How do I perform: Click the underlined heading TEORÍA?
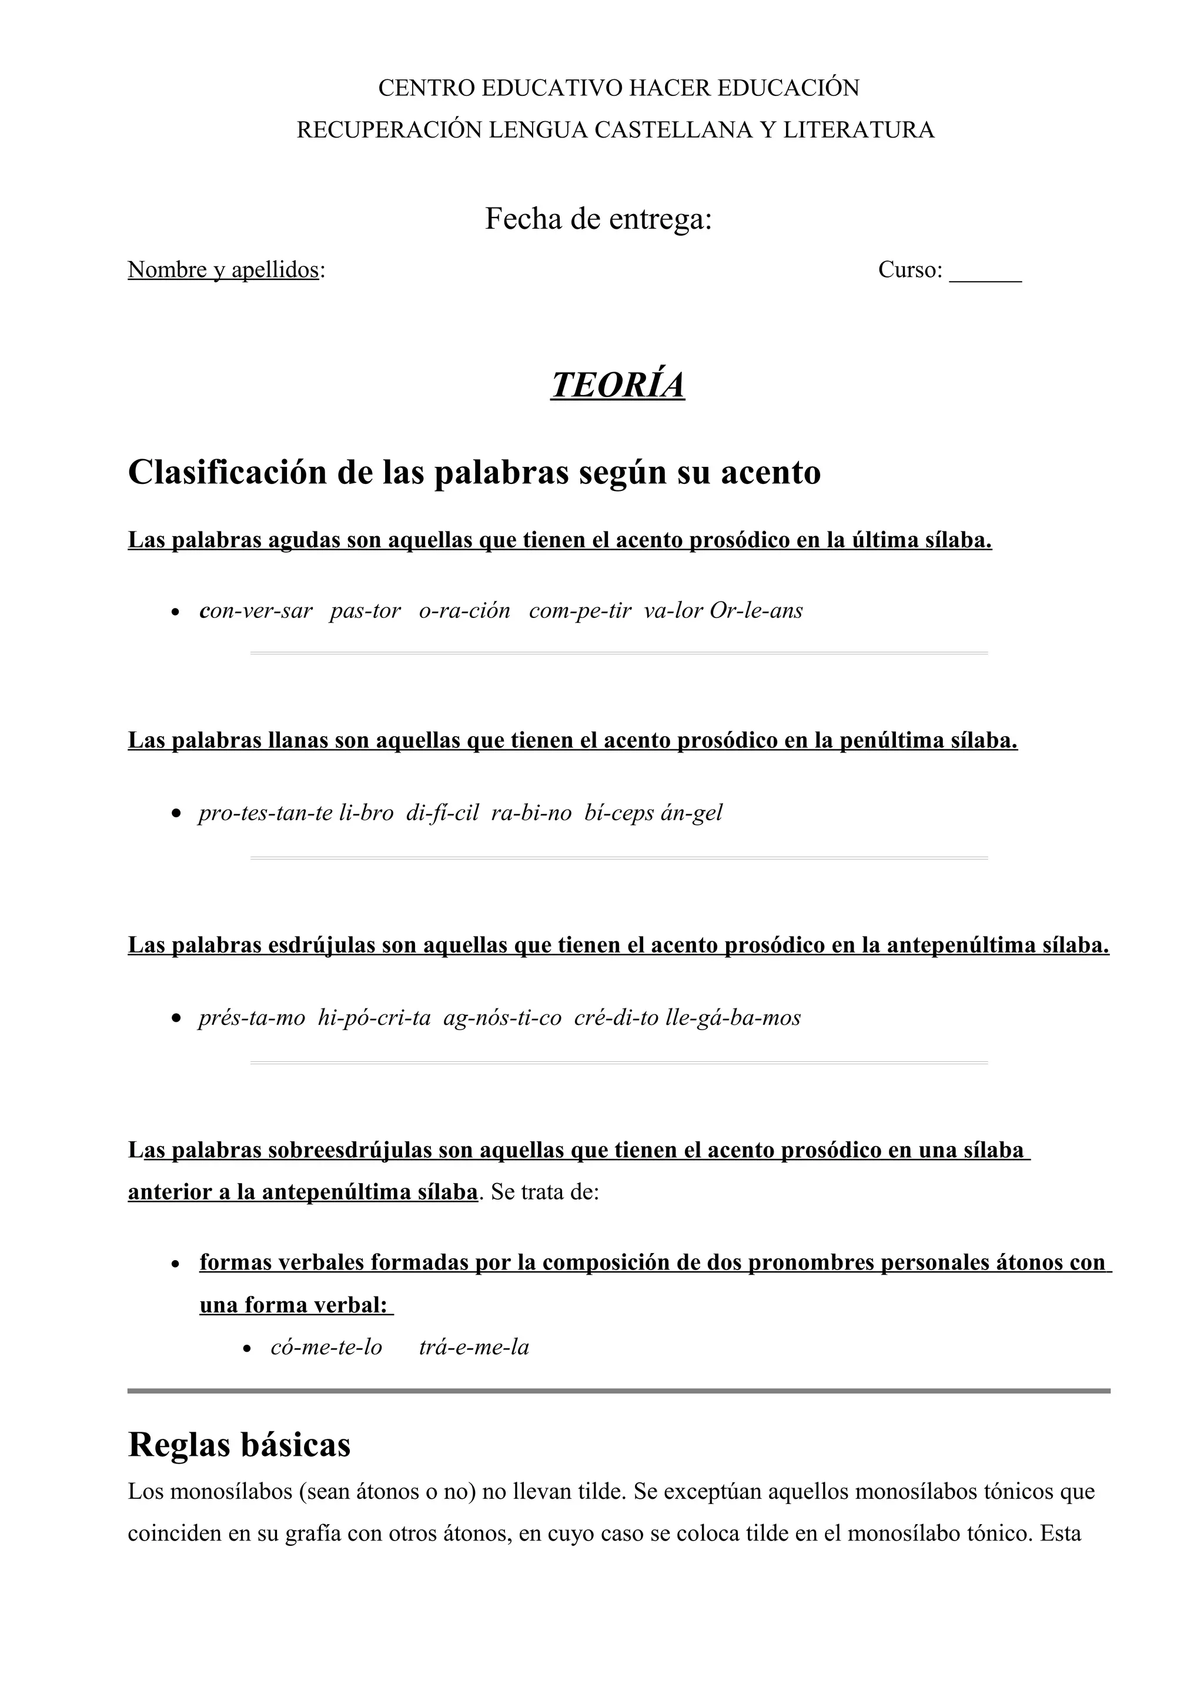pyautogui.click(x=617, y=385)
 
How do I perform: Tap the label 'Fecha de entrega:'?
pyautogui.click(x=598, y=219)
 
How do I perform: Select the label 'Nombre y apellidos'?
pyautogui.click(x=223, y=269)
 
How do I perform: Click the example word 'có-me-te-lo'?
pyautogui.click(x=326, y=1347)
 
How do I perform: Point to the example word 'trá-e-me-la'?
pyautogui.click(x=474, y=1347)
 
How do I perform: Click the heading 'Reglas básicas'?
pyautogui.click(x=239, y=1444)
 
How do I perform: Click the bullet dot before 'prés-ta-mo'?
pyautogui.click(x=175, y=1019)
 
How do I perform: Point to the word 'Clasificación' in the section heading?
pyautogui.click(x=228, y=472)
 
